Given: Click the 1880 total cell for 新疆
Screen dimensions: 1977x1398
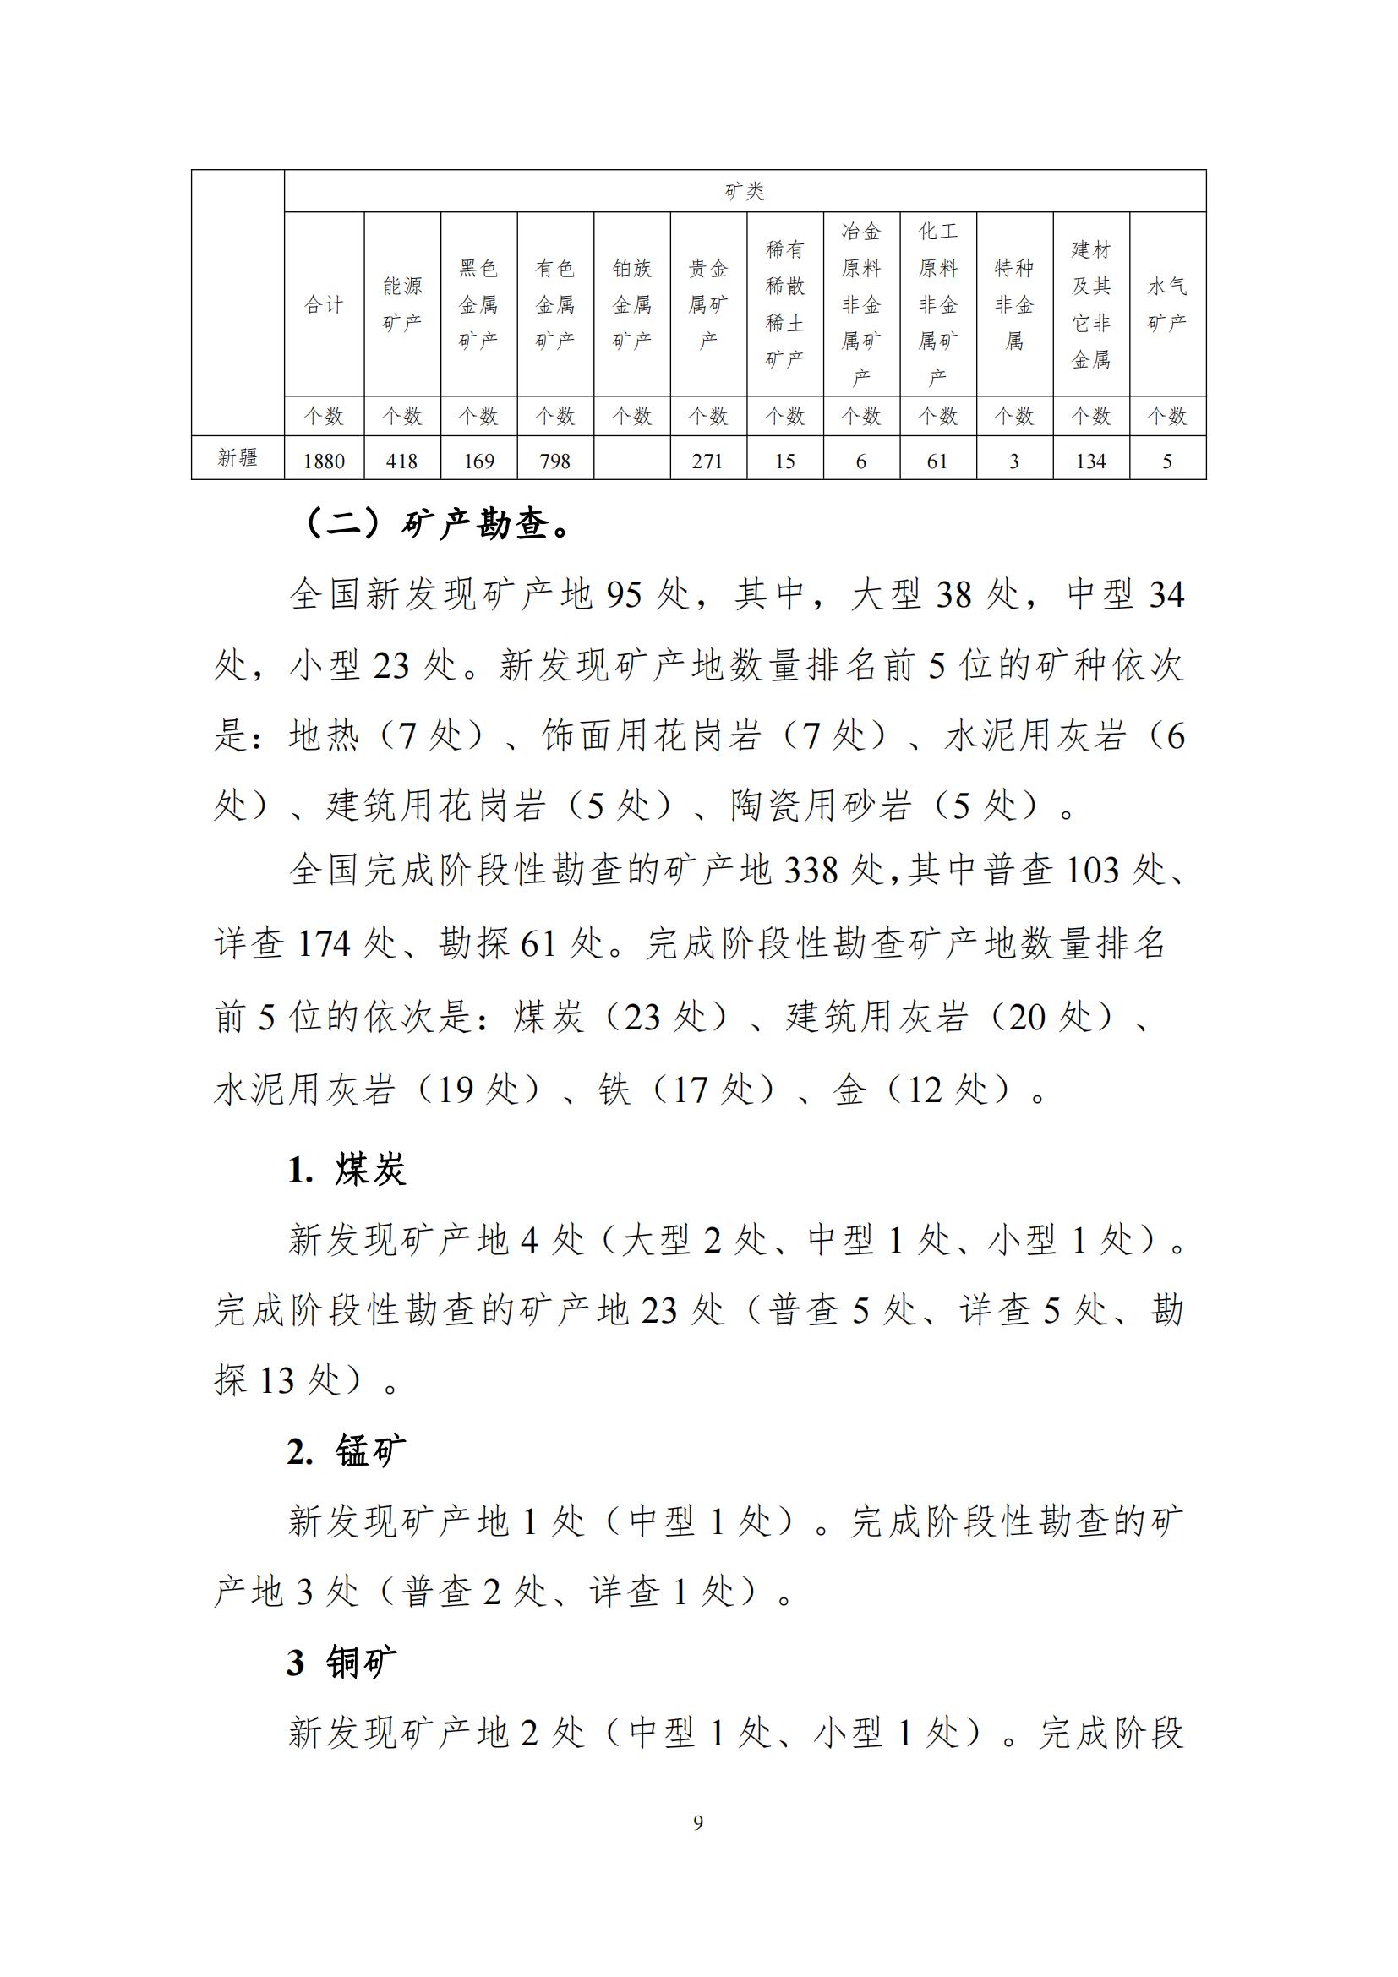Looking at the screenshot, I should point(324,461).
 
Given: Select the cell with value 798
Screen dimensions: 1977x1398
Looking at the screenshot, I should point(554,461).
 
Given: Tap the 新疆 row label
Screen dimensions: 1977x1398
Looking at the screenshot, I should point(238,457).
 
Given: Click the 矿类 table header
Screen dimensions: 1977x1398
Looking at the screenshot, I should point(745,191).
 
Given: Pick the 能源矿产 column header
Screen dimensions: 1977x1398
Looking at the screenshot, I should point(402,304).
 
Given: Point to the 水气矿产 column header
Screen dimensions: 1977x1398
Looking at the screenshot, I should point(1167,304).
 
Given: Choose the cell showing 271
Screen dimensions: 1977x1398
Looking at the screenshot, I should point(707,461).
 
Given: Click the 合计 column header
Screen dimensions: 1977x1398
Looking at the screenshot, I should point(324,305).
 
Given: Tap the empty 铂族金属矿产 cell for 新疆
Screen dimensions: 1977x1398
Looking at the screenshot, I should point(631,459).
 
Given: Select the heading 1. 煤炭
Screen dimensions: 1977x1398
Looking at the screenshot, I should point(346,1169).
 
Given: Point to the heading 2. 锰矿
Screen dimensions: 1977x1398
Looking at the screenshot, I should point(346,1452).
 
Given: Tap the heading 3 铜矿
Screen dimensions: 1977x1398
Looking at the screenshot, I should point(341,1663).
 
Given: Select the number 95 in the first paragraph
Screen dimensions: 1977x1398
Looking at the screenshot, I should point(624,595).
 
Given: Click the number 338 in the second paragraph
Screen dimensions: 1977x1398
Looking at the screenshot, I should point(810,871).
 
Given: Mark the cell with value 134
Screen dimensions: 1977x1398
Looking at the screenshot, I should point(1090,461).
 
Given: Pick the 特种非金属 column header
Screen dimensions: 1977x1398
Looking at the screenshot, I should point(1014,304).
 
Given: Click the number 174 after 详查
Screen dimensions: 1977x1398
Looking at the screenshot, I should point(325,944).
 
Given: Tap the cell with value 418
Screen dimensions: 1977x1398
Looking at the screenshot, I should point(402,461).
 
